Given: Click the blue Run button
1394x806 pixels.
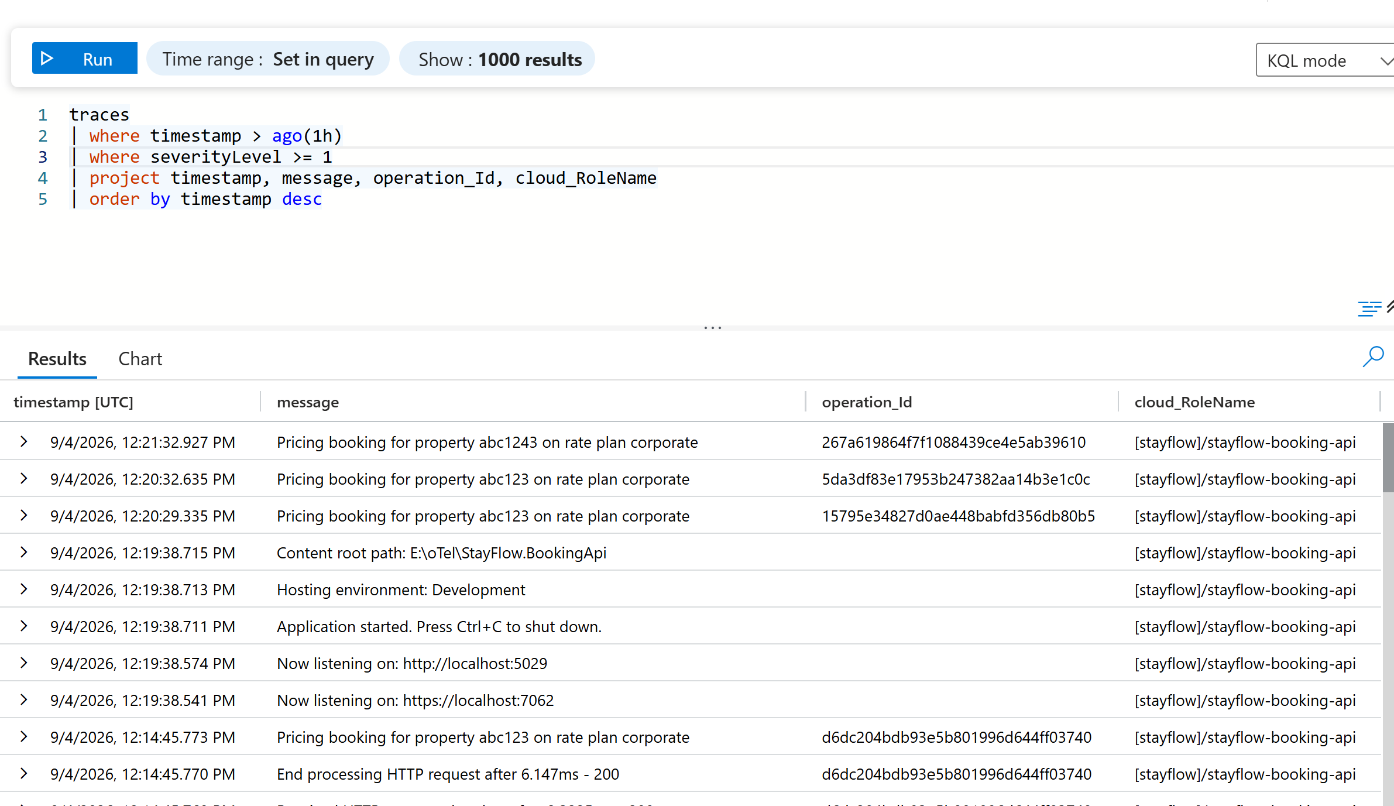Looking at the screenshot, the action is [85, 59].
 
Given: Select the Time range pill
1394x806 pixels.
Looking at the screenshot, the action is [268, 59].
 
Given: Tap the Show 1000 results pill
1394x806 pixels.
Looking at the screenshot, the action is [497, 59].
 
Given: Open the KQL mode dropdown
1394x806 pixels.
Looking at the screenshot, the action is [1324, 60].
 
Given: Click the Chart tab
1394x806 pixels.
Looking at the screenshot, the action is [140, 359].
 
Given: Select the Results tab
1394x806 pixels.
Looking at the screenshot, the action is [57, 359].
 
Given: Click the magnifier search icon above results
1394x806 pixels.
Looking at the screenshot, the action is [1373, 356].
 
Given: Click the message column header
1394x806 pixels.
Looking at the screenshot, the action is [308, 402].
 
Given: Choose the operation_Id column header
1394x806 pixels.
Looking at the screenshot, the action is [867, 402].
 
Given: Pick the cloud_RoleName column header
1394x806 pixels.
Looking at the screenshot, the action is [1194, 402].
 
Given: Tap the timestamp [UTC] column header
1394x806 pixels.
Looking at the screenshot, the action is [73, 402].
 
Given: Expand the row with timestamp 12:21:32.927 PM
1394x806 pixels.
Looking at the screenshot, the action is [23, 441].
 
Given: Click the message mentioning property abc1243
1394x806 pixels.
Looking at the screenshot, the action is [487, 443].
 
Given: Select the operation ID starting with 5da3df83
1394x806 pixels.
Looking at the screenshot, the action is [956, 479].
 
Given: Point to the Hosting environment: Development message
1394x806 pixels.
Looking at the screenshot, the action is [401, 590].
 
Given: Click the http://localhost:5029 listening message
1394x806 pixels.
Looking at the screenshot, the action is [412, 664].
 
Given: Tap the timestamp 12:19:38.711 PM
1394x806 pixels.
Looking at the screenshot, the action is [143, 627].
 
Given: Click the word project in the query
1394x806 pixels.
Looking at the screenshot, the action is [124, 178].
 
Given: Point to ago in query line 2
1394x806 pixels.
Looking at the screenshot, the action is [287, 136].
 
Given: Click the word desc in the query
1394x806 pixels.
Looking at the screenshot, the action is [302, 199].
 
